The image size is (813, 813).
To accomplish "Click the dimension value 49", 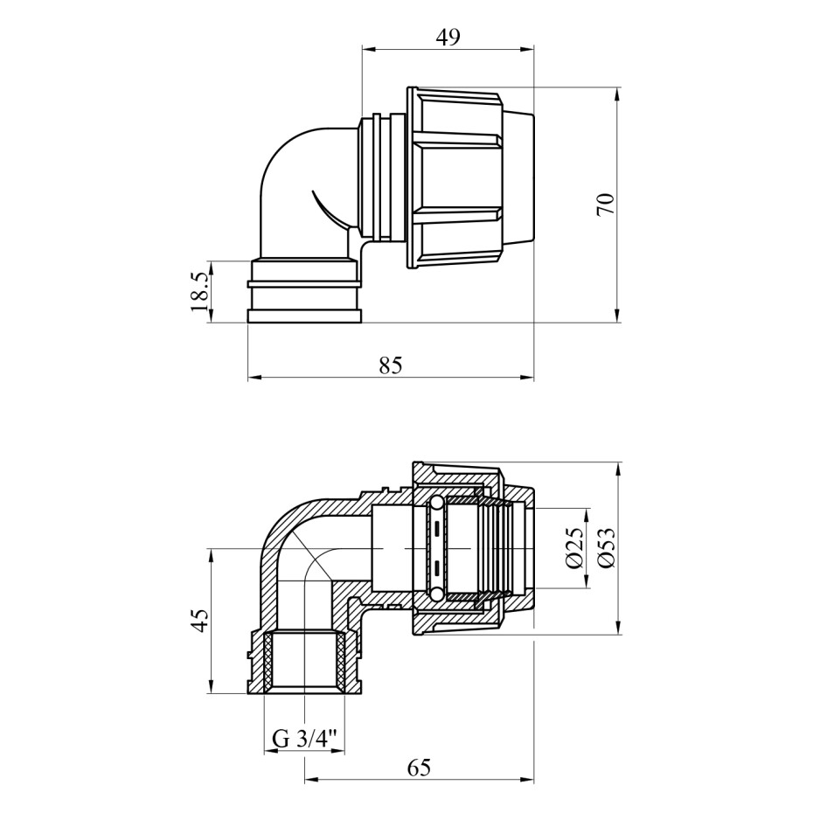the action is pyautogui.click(x=448, y=37).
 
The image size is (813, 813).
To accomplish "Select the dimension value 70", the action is pyautogui.click(x=605, y=204).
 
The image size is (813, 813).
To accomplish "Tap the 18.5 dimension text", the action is pyautogui.click(x=199, y=292).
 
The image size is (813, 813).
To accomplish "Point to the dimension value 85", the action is pyautogui.click(x=391, y=365).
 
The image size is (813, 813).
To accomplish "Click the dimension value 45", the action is pyautogui.click(x=200, y=621).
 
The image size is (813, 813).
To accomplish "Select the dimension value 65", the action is pyautogui.click(x=419, y=767).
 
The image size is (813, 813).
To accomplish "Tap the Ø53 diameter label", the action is pyautogui.click(x=605, y=548).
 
